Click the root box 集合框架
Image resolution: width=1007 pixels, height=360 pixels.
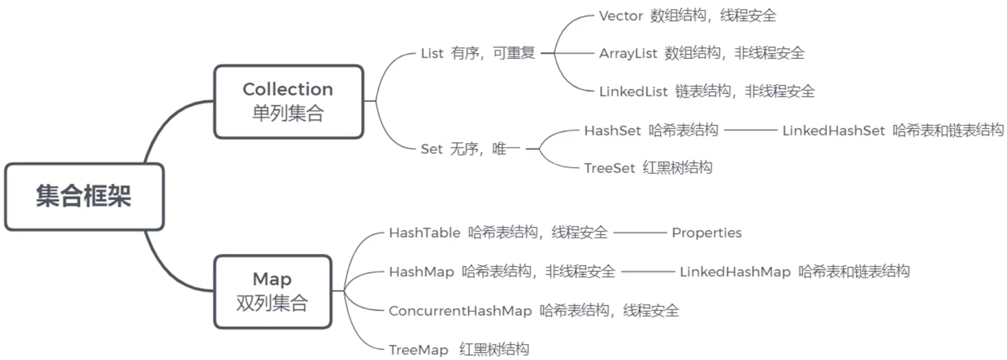pos(84,196)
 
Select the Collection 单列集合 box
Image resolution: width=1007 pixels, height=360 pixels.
pos(288,101)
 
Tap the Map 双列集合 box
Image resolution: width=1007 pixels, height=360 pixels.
pos(272,291)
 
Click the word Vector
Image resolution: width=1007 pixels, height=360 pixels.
pos(621,16)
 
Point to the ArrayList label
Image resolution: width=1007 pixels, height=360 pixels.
pos(628,54)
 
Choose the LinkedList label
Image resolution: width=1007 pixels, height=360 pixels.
pos(633,91)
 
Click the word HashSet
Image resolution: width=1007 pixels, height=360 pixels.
pos(612,131)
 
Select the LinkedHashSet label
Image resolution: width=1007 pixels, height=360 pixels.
pos(833,131)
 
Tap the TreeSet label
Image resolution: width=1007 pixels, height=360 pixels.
pos(609,168)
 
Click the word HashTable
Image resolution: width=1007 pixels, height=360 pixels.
pos(424,233)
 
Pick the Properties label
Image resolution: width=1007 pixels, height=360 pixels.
pos(706,233)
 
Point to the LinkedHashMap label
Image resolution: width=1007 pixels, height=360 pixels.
pos(735,272)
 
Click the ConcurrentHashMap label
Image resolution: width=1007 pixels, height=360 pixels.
pos(460,311)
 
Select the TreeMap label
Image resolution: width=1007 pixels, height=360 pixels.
pos(418,350)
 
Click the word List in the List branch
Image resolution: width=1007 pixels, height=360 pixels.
pos(432,54)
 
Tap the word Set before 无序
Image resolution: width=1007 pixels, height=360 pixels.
pos(431,149)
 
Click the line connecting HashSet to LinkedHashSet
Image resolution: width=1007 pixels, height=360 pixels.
pos(750,130)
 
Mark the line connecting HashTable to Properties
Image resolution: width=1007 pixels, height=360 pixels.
pos(640,232)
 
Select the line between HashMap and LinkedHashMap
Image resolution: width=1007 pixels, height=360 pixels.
pos(648,271)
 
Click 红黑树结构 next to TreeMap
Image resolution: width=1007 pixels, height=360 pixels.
pos(494,349)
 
